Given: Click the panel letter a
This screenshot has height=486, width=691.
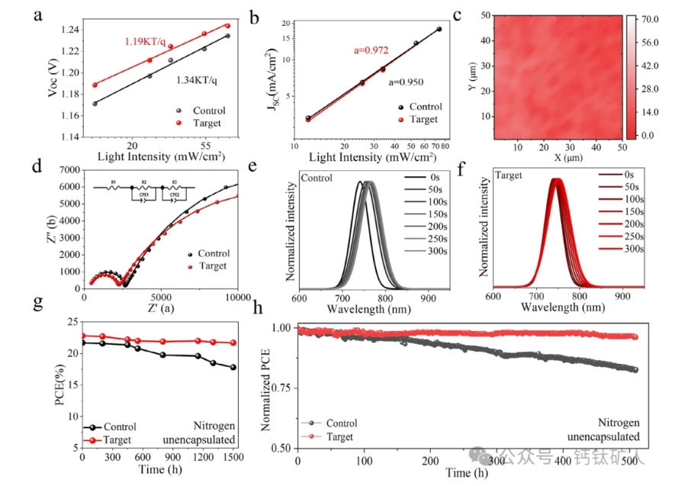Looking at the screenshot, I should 37,14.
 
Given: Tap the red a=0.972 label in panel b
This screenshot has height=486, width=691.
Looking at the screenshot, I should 371,50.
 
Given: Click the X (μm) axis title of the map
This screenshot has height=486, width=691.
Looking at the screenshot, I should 558,158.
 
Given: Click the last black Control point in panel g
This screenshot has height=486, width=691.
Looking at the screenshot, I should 233,367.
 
